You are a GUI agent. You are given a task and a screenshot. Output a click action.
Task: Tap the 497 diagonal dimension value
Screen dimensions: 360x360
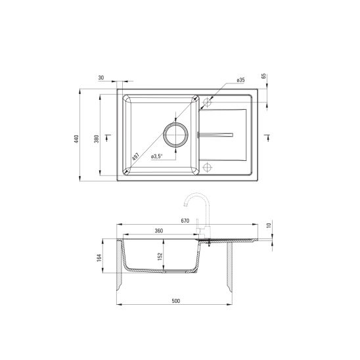coord(135,157)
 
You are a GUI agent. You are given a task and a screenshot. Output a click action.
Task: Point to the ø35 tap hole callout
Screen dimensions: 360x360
coord(240,80)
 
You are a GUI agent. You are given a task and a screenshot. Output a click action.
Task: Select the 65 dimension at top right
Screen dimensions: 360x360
coord(263,77)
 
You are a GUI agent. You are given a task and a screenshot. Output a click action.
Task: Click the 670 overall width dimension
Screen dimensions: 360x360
coord(187,221)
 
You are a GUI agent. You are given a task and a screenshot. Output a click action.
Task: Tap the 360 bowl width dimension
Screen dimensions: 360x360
coord(158,231)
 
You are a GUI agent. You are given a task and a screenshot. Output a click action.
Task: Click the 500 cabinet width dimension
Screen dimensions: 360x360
coord(175,301)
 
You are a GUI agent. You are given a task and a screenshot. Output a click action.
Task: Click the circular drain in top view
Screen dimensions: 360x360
coord(176,133)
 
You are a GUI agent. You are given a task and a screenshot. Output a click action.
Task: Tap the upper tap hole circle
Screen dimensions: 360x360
coord(208,102)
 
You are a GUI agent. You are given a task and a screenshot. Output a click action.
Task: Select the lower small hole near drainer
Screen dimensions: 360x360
coord(208,166)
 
